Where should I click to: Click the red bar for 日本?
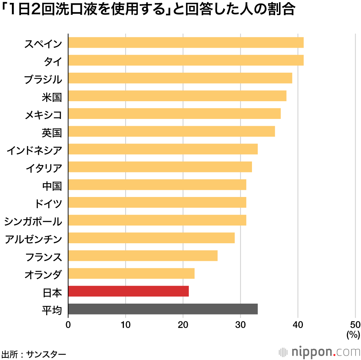click(x=128, y=291)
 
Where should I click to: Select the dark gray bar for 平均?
click(x=162, y=309)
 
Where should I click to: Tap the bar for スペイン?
click(x=186, y=43)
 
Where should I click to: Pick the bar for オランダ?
click(x=131, y=274)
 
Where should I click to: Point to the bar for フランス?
click(x=143, y=256)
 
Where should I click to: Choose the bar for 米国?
click(x=177, y=96)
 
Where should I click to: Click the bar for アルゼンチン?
click(x=151, y=238)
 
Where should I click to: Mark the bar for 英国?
click(x=171, y=132)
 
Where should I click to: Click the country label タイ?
click(x=53, y=61)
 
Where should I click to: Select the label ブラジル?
click(x=43, y=79)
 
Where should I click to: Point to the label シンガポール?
click(x=33, y=221)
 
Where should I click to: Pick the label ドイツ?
click(x=48, y=203)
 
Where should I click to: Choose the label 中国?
click(x=52, y=185)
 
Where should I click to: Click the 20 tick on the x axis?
click(x=183, y=324)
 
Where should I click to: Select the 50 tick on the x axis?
click(x=355, y=324)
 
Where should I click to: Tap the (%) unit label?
click(x=353, y=334)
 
